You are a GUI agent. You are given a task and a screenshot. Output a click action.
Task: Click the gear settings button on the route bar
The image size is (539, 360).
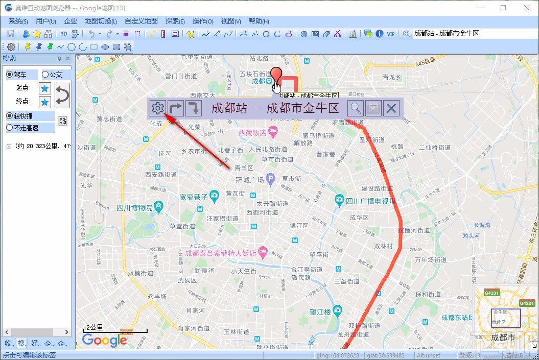tap(157, 108)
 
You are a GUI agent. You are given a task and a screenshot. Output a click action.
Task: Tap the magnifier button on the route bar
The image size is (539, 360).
tap(356, 108)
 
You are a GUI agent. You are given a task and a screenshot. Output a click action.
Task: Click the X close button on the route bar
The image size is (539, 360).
tap(391, 108)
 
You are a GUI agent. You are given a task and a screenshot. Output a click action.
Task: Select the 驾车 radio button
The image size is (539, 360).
tap(10, 75)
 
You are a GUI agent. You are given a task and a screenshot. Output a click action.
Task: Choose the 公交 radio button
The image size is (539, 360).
tap(45, 75)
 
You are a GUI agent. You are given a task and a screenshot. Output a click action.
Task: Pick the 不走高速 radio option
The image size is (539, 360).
tap(10, 128)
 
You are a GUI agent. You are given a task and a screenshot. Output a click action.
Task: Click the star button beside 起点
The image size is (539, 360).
tap(45, 88)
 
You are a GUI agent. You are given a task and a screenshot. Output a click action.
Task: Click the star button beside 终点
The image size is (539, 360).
tap(45, 102)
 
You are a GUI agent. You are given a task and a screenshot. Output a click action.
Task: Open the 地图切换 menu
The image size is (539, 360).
tap(101, 21)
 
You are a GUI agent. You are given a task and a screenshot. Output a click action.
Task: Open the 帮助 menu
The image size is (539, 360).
tap(259, 21)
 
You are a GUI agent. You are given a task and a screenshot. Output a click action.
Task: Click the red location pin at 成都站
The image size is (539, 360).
tap(276, 75)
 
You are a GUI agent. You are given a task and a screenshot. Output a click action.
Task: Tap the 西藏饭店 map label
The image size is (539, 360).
tap(252, 133)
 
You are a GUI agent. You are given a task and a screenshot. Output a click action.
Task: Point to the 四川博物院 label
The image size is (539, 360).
tap(134, 208)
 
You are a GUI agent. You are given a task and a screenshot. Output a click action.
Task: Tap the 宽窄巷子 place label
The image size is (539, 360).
tap(194, 197)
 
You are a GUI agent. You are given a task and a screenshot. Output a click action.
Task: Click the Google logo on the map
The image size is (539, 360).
tap(105, 341)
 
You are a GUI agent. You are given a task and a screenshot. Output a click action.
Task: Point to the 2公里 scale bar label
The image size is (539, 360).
tap(95, 327)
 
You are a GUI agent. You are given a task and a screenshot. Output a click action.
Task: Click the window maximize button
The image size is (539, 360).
tap(503, 8)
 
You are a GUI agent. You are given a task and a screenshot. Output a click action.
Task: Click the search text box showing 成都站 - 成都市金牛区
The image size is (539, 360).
tap(470, 34)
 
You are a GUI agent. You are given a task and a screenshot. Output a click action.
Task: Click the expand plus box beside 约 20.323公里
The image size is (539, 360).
tap(9, 147)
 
